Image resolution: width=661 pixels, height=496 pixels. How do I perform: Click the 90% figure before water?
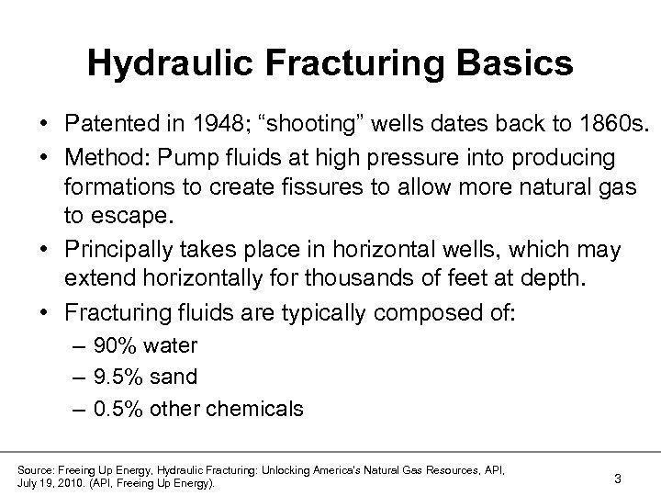pyautogui.click(x=114, y=346)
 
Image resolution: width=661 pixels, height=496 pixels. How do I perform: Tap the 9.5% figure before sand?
pyautogui.click(x=118, y=377)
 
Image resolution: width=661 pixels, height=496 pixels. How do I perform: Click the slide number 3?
pyautogui.click(x=618, y=478)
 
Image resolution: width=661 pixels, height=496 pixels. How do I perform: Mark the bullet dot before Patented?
pyautogui.click(x=44, y=124)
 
